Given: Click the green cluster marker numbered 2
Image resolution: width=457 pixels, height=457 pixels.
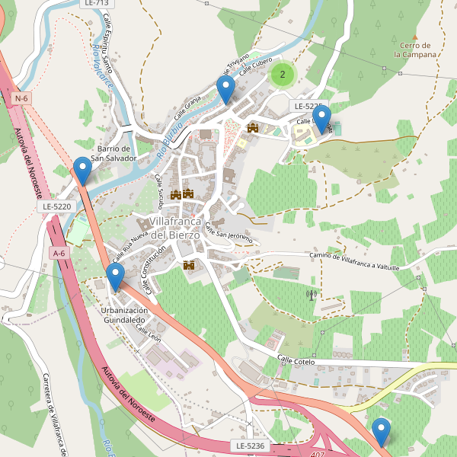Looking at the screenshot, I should (x=283, y=74).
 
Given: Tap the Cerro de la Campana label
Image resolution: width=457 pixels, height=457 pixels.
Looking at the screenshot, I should (x=416, y=50).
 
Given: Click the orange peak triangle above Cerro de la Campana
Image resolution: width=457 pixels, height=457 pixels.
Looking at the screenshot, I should (x=415, y=36).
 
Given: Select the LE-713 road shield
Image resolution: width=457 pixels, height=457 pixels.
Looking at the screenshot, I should (x=94, y=4).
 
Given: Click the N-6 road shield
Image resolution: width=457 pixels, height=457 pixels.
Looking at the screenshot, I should (x=21, y=98).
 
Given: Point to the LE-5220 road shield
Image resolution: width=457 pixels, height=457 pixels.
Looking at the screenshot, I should (x=56, y=206).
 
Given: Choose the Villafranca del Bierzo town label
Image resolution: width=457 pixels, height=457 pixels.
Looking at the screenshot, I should (x=175, y=228).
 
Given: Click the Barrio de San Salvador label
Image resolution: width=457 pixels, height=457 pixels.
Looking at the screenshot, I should (x=113, y=153).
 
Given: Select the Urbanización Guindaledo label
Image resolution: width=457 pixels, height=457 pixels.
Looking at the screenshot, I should (x=124, y=315).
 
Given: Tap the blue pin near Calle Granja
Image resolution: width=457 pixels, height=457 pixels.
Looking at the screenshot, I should (x=225, y=88).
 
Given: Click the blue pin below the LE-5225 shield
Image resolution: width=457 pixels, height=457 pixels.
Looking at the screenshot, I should (x=322, y=118).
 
